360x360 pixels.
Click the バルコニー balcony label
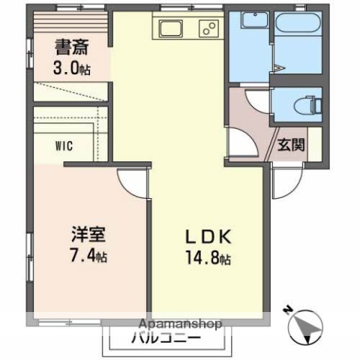[x=167, y=338]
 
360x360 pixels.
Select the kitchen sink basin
[x=168, y=29]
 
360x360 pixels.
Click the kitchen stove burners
[x=208, y=29]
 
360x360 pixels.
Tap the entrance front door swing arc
[x=286, y=180]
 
